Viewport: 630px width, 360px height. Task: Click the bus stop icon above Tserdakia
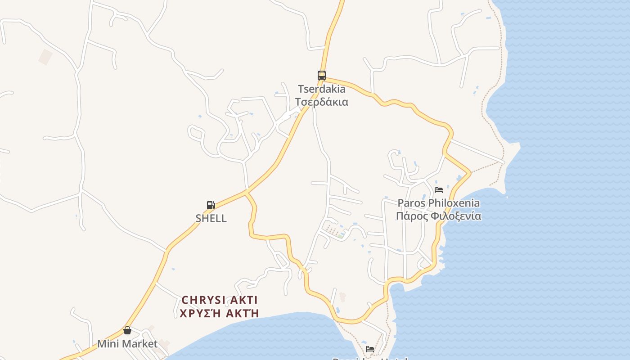(321, 75)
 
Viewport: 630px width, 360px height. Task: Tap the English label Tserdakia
(321, 89)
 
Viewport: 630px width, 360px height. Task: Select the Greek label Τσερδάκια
(321, 102)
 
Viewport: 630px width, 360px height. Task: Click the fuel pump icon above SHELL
(211, 205)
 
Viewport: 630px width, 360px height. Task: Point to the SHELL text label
(211, 218)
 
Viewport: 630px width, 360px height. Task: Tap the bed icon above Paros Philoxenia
(439, 190)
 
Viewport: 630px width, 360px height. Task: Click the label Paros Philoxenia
(438, 203)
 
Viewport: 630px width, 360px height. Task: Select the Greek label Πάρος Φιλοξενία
(438, 216)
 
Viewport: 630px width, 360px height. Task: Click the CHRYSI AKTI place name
(220, 300)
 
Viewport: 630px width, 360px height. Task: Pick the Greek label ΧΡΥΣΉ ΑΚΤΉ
(220, 313)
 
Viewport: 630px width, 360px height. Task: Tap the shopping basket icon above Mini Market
(127, 331)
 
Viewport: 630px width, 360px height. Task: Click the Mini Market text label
(127, 344)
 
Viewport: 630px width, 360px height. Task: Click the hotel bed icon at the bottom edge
(370, 349)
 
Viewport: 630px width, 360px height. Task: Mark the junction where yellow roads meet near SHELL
(246, 193)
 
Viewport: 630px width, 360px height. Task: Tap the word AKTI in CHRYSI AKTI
(242, 300)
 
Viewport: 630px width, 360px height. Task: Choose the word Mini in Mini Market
(108, 344)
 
